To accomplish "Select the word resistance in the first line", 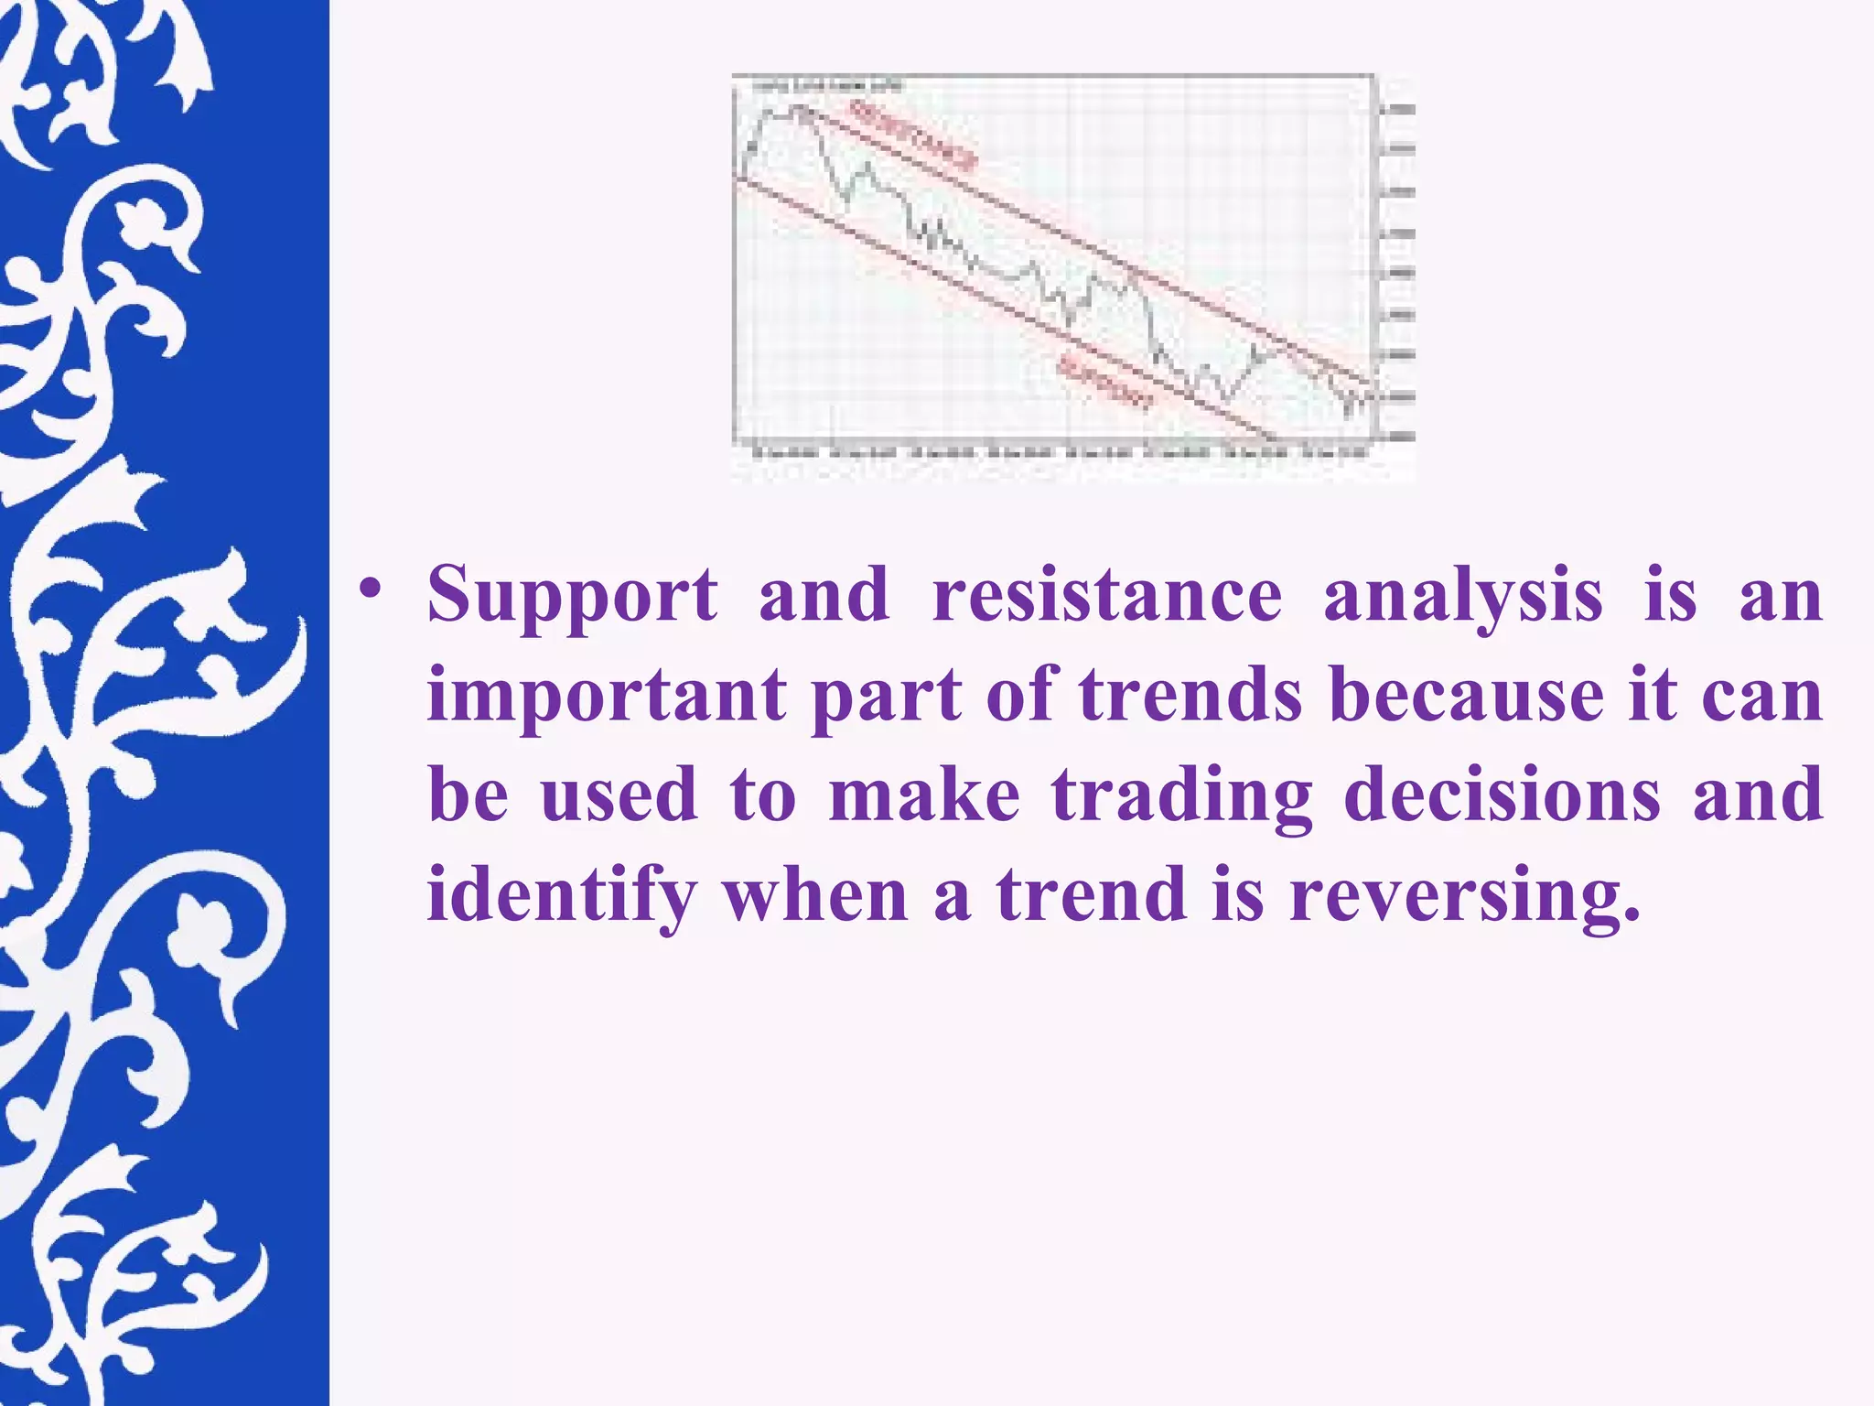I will coord(1107,595).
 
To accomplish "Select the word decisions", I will coord(1502,795).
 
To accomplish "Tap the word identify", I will coord(562,896).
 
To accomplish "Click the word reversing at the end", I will coord(1465,896).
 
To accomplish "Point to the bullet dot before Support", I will coord(370,589).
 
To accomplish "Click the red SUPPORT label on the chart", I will coord(1105,383).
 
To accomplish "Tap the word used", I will coord(619,795).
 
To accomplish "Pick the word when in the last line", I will coord(815,894).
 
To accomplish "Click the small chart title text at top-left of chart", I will coord(828,86).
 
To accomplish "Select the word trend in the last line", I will coord(1091,894).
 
